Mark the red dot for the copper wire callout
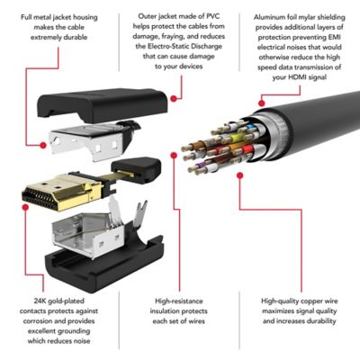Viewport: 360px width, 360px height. pos(239,175)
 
